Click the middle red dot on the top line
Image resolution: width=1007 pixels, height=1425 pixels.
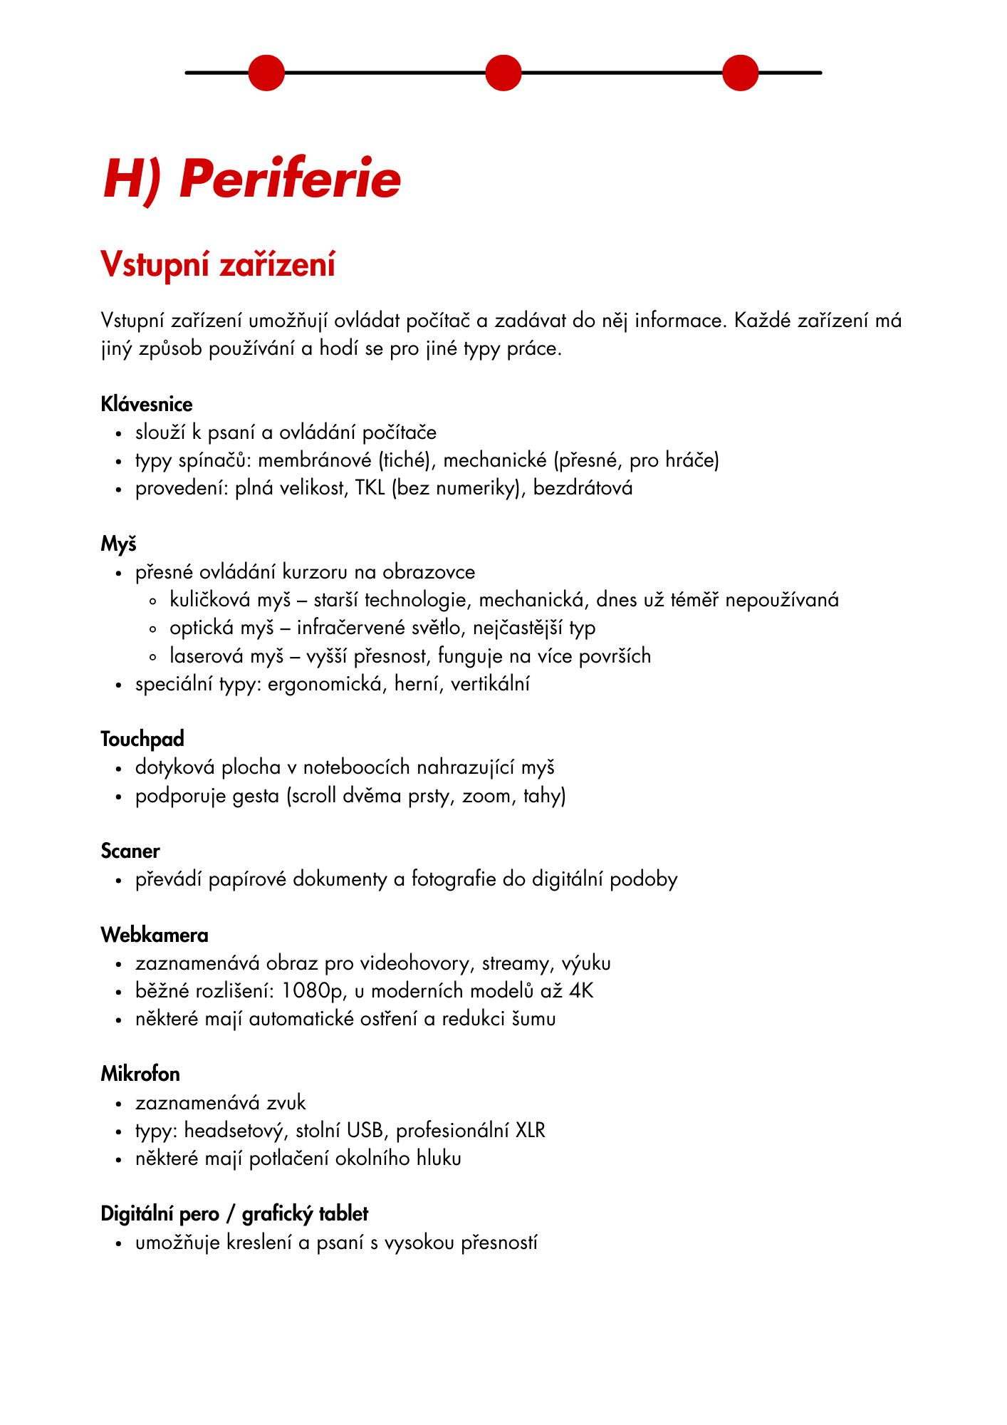(x=503, y=73)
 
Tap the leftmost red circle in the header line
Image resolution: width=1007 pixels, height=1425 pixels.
(x=266, y=73)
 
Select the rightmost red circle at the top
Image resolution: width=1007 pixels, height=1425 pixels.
(x=741, y=73)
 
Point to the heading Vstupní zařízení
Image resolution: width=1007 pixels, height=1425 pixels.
(x=218, y=264)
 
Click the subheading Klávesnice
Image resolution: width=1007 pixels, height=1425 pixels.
(x=147, y=405)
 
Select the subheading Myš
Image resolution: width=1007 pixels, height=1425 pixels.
(x=118, y=544)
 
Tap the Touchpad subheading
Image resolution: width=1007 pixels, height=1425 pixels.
(x=142, y=740)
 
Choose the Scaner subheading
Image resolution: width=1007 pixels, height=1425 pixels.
(x=130, y=851)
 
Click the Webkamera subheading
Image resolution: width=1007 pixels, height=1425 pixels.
(x=155, y=935)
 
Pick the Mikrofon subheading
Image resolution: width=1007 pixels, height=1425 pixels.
(x=140, y=1074)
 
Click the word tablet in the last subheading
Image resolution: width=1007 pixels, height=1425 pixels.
(x=343, y=1213)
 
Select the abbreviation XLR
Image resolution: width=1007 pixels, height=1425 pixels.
(x=530, y=1131)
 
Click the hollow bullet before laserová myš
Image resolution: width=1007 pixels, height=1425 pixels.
(x=153, y=657)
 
